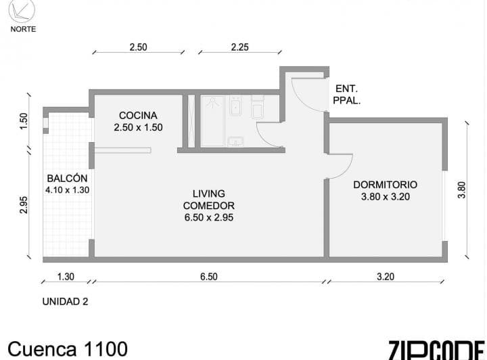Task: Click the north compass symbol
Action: click(x=22, y=11)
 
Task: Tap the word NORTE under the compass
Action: click(x=23, y=29)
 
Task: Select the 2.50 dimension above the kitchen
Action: click(x=138, y=47)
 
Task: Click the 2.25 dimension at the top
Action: click(x=239, y=47)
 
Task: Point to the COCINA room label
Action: click(x=138, y=116)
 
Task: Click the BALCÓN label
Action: click(x=67, y=178)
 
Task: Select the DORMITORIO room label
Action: click(x=385, y=185)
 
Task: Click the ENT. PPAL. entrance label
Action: click(x=346, y=95)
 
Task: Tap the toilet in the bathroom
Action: click(x=257, y=106)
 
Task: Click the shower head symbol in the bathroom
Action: click(x=212, y=102)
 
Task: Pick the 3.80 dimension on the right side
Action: click(x=462, y=189)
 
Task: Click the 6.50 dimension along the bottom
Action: click(x=209, y=277)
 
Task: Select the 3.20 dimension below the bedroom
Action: click(x=386, y=277)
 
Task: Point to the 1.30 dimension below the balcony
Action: click(x=66, y=277)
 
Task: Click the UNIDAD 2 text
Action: click(x=65, y=301)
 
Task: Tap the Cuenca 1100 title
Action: click(x=68, y=348)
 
